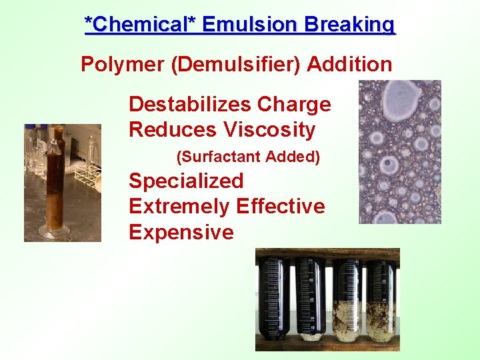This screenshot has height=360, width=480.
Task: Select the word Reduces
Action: pos(164,129)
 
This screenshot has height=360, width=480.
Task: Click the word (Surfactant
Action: pos(219,157)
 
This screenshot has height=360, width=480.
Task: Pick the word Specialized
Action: pos(186,181)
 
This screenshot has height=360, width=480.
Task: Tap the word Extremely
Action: pos(169,206)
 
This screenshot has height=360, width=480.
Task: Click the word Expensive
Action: pos(181,232)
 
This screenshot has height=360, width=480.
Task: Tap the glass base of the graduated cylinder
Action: pos(53,231)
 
